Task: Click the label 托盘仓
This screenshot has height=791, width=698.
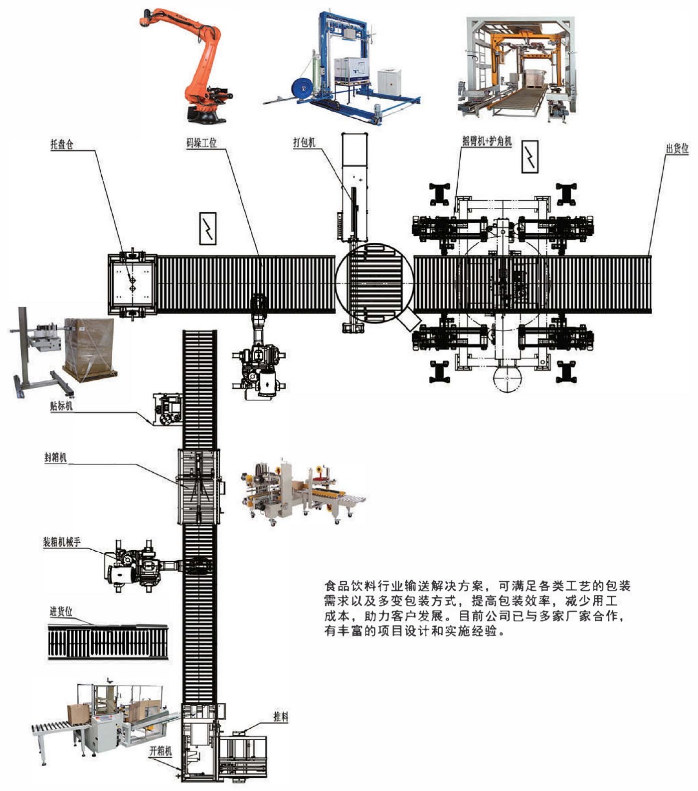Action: pyautogui.click(x=62, y=145)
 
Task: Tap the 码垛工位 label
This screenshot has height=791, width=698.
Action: pyautogui.click(x=201, y=143)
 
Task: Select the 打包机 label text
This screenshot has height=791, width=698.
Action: pyautogui.click(x=304, y=143)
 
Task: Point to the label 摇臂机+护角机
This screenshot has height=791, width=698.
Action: pyautogui.click(x=487, y=141)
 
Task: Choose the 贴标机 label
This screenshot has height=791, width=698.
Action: pyautogui.click(x=61, y=406)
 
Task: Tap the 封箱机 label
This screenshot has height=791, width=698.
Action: pyautogui.click(x=55, y=457)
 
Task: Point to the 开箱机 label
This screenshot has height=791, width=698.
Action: pyautogui.click(x=161, y=751)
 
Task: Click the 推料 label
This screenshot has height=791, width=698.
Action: pyautogui.click(x=281, y=717)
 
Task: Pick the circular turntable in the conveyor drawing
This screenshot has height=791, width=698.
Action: pyautogui.click(x=374, y=284)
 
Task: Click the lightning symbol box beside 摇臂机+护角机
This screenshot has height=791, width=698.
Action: pyautogui.click(x=530, y=157)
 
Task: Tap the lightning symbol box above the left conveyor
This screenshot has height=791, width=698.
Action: pyautogui.click(x=208, y=229)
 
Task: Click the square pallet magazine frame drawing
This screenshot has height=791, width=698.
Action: pyautogui.click(x=132, y=284)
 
